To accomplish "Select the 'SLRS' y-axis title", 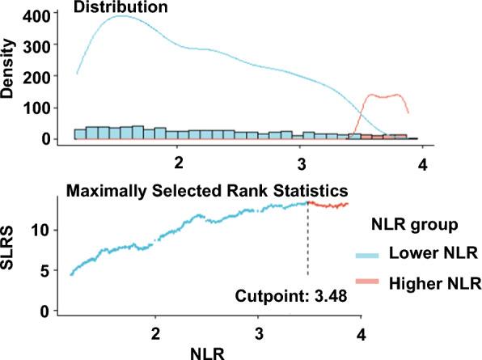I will (x=9, y=257).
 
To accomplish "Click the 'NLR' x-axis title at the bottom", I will (x=209, y=351).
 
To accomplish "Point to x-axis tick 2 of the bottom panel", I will (x=155, y=332).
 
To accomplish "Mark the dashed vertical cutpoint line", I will (x=308, y=243).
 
